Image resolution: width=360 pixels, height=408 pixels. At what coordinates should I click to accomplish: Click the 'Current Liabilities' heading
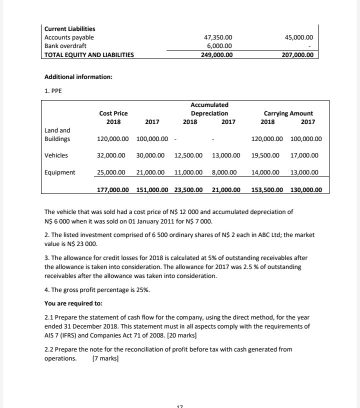pyautogui.click(x=70, y=29)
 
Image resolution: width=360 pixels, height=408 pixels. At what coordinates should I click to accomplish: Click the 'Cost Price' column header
pyautogui.click(x=113, y=114)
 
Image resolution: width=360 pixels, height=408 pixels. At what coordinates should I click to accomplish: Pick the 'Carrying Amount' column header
pyautogui.click(x=291, y=114)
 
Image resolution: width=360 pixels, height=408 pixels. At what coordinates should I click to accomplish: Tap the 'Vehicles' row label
pyautogui.click(x=57, y=155)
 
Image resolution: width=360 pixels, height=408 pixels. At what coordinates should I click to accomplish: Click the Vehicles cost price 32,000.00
pyautogui.click(x=112, y=155)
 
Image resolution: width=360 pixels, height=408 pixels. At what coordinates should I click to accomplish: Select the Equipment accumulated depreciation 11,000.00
pyautogui.click(x=188, y=172)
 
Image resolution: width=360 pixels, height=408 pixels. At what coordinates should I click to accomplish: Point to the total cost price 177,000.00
pyautogui.click(x=112, y=190)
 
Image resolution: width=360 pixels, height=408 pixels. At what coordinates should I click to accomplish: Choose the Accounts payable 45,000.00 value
pyautogui.click(x=298, y=37)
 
